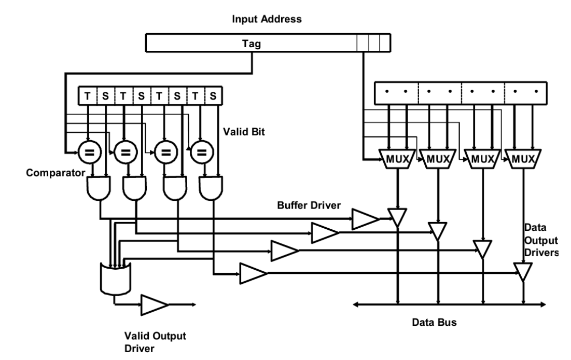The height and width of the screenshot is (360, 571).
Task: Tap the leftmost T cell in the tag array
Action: pos(88,96)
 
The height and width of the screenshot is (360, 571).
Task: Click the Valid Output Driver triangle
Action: pos(154,305)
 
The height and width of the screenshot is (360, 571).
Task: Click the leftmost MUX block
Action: pos(397,158)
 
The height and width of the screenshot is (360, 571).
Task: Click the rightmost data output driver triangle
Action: pos(523,270)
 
